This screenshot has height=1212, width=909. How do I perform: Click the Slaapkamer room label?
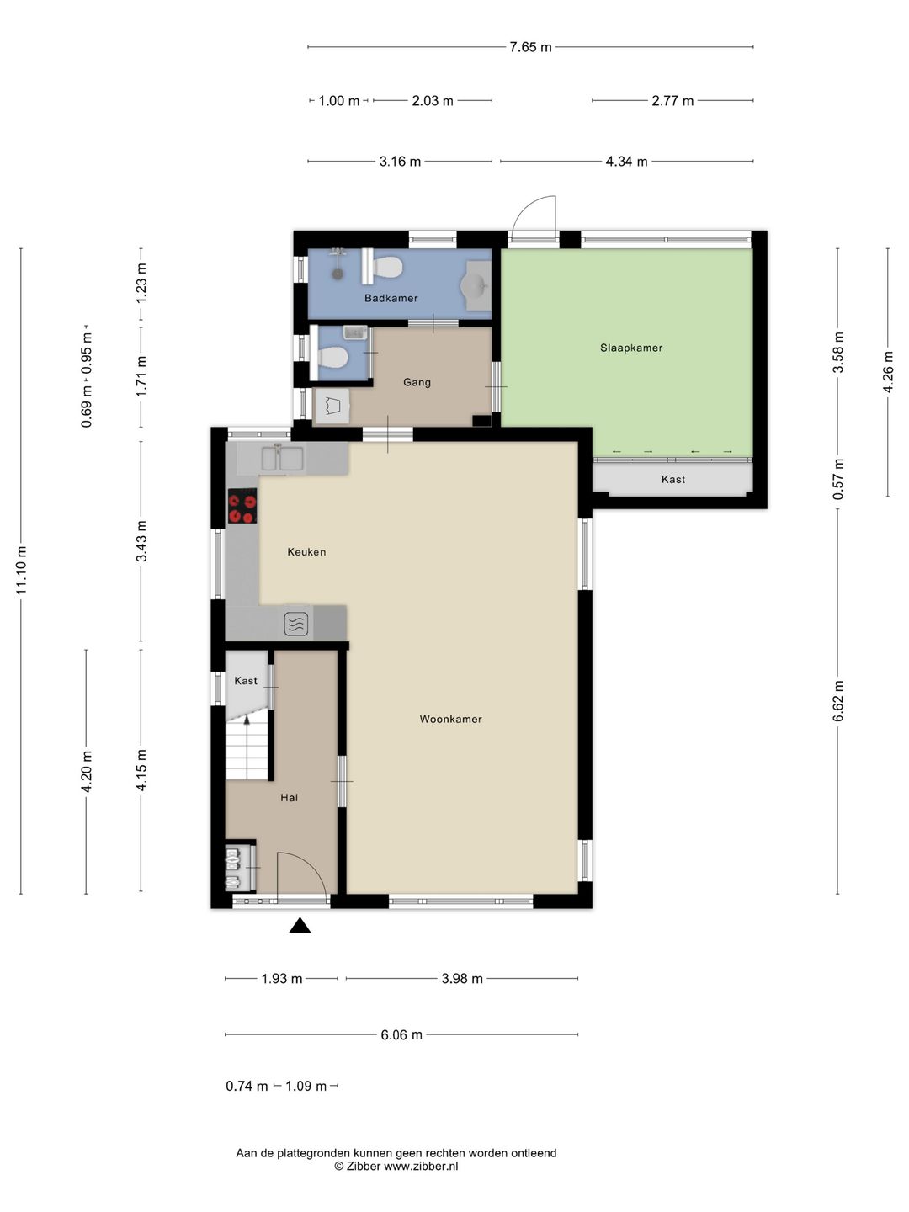click(631, 348)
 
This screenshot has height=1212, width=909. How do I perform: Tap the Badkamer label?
click(391, 298)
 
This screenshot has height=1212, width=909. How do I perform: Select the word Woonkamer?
click(450, 719)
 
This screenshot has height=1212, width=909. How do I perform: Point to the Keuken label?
click(306, 551)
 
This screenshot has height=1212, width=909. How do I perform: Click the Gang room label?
click(417, 382)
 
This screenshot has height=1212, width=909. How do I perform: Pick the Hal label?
click(290, 797)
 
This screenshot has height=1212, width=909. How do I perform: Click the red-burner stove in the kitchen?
click(242, 505)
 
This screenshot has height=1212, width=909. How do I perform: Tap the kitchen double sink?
click(282, 459)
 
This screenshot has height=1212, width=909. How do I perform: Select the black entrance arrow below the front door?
click(300, 925)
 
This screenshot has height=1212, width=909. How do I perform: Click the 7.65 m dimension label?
click(530, 47)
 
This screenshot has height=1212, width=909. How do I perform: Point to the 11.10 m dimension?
click(22, 570)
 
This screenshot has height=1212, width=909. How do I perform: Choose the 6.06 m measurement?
click(401, 1034)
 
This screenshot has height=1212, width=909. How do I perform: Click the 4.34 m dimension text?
click(626, 162)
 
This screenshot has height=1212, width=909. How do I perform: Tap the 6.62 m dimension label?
click(838, 701)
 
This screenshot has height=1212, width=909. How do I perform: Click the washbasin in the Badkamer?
click(475, 286)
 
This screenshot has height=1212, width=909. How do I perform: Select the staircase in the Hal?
click(247, 750)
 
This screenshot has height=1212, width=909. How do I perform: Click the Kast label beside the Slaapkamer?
click(672, 479)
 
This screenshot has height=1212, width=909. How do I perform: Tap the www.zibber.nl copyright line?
click(396, 1167)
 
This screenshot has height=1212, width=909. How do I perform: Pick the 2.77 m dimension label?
click(672, 101)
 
